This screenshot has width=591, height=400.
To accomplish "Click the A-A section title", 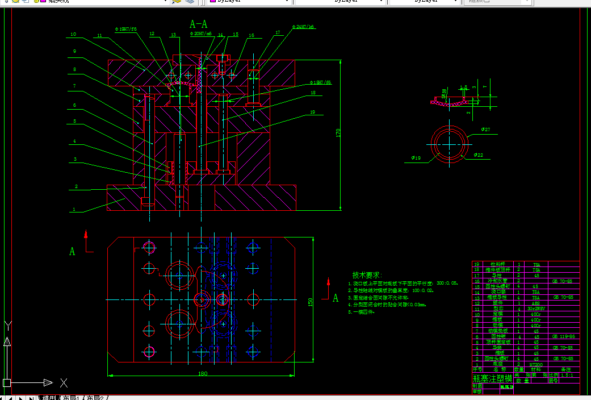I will [x=199, y=24].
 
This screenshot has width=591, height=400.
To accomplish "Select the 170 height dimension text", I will [x=338, y=134].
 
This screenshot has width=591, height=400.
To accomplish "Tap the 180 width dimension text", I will [x=203, y=373].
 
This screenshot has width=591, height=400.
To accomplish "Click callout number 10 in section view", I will [x=73, y=35].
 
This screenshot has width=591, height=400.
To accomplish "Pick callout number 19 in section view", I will [x=312, y=113].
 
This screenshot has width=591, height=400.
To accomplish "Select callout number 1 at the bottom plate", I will [x=73, y=209].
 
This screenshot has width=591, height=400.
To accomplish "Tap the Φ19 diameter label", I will [x=416, y=157].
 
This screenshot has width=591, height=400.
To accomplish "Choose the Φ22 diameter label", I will [x=479, y=155].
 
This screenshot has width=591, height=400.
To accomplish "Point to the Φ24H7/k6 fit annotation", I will [x=304, y=27].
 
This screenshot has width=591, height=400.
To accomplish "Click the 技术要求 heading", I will [x=367, y=275].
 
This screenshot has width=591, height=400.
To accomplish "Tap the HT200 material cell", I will [x=536, y=364].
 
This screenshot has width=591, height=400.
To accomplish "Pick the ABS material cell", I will [x=536, y=303].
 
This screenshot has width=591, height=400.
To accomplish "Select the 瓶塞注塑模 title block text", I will [x=492, y=378].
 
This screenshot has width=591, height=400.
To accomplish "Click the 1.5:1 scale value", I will [x=567, y=375].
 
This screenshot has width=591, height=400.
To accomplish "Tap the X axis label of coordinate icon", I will [x=64, y=383].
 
